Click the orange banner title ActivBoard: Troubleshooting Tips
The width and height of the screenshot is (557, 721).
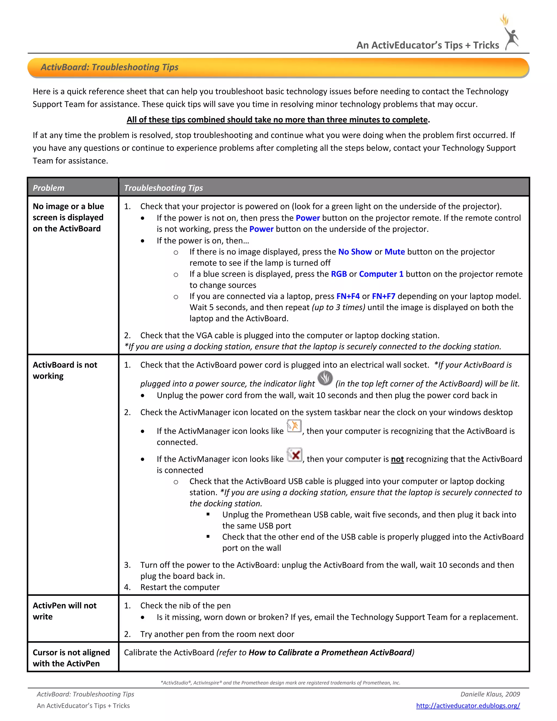click(x=109, y=67)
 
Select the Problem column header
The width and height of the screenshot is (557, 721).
click(x=48, y=188)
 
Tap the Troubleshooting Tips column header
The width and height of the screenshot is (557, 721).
click(x=163, y=188)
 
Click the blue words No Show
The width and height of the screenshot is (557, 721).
click(x=355, y=252)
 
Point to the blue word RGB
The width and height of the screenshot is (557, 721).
click(x=339, y=274)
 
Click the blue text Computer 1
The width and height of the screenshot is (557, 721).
click(x=381, y=274)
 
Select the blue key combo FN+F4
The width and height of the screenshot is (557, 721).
click(x=348, y=296)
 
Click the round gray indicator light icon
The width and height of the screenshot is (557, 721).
click(x=325, y=378)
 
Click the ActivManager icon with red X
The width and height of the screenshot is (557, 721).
click(x=294, y=455)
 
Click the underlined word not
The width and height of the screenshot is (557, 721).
click(x=397, y=459)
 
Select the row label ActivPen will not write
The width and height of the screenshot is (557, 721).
click(x=64, y=611)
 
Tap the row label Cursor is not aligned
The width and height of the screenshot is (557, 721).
click(x=71, y=658)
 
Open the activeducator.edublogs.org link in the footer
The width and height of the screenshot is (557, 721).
click(x=468, y=705)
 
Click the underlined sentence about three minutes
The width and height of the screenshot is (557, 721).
click(x=277, y=119)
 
